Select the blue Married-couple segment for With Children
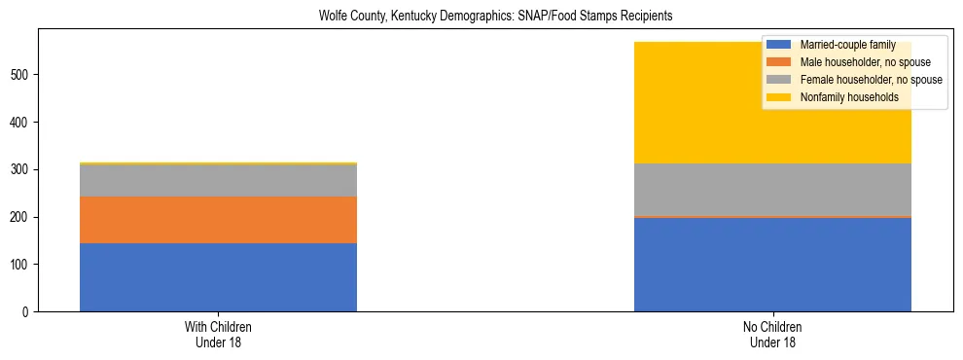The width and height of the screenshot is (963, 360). [x=218, y=277]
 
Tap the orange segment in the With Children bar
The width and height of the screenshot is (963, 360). [x=218, y=220]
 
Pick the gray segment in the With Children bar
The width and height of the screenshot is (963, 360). [x=218, y=181]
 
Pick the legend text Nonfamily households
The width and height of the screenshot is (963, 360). [x=843, y=97]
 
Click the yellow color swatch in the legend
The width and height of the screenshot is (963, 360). [x=779, y=97]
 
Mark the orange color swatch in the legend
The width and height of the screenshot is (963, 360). [x=779, y=62]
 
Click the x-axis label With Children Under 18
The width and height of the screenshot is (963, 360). [x=218, y=335]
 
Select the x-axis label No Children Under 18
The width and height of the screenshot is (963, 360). [x=772, y=335]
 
